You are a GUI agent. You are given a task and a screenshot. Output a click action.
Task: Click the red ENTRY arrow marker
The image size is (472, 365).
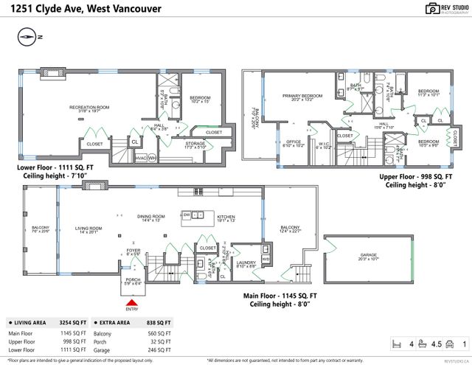(x=131, y=302)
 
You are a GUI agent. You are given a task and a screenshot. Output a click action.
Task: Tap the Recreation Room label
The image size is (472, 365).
(x=89, y=108)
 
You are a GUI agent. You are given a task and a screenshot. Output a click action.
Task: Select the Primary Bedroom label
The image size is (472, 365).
(x=302, y=97)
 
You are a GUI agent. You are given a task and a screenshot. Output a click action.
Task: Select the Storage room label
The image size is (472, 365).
(x=195, y=145)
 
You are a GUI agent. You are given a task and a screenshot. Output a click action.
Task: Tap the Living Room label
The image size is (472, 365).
(x=88, y=229)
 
